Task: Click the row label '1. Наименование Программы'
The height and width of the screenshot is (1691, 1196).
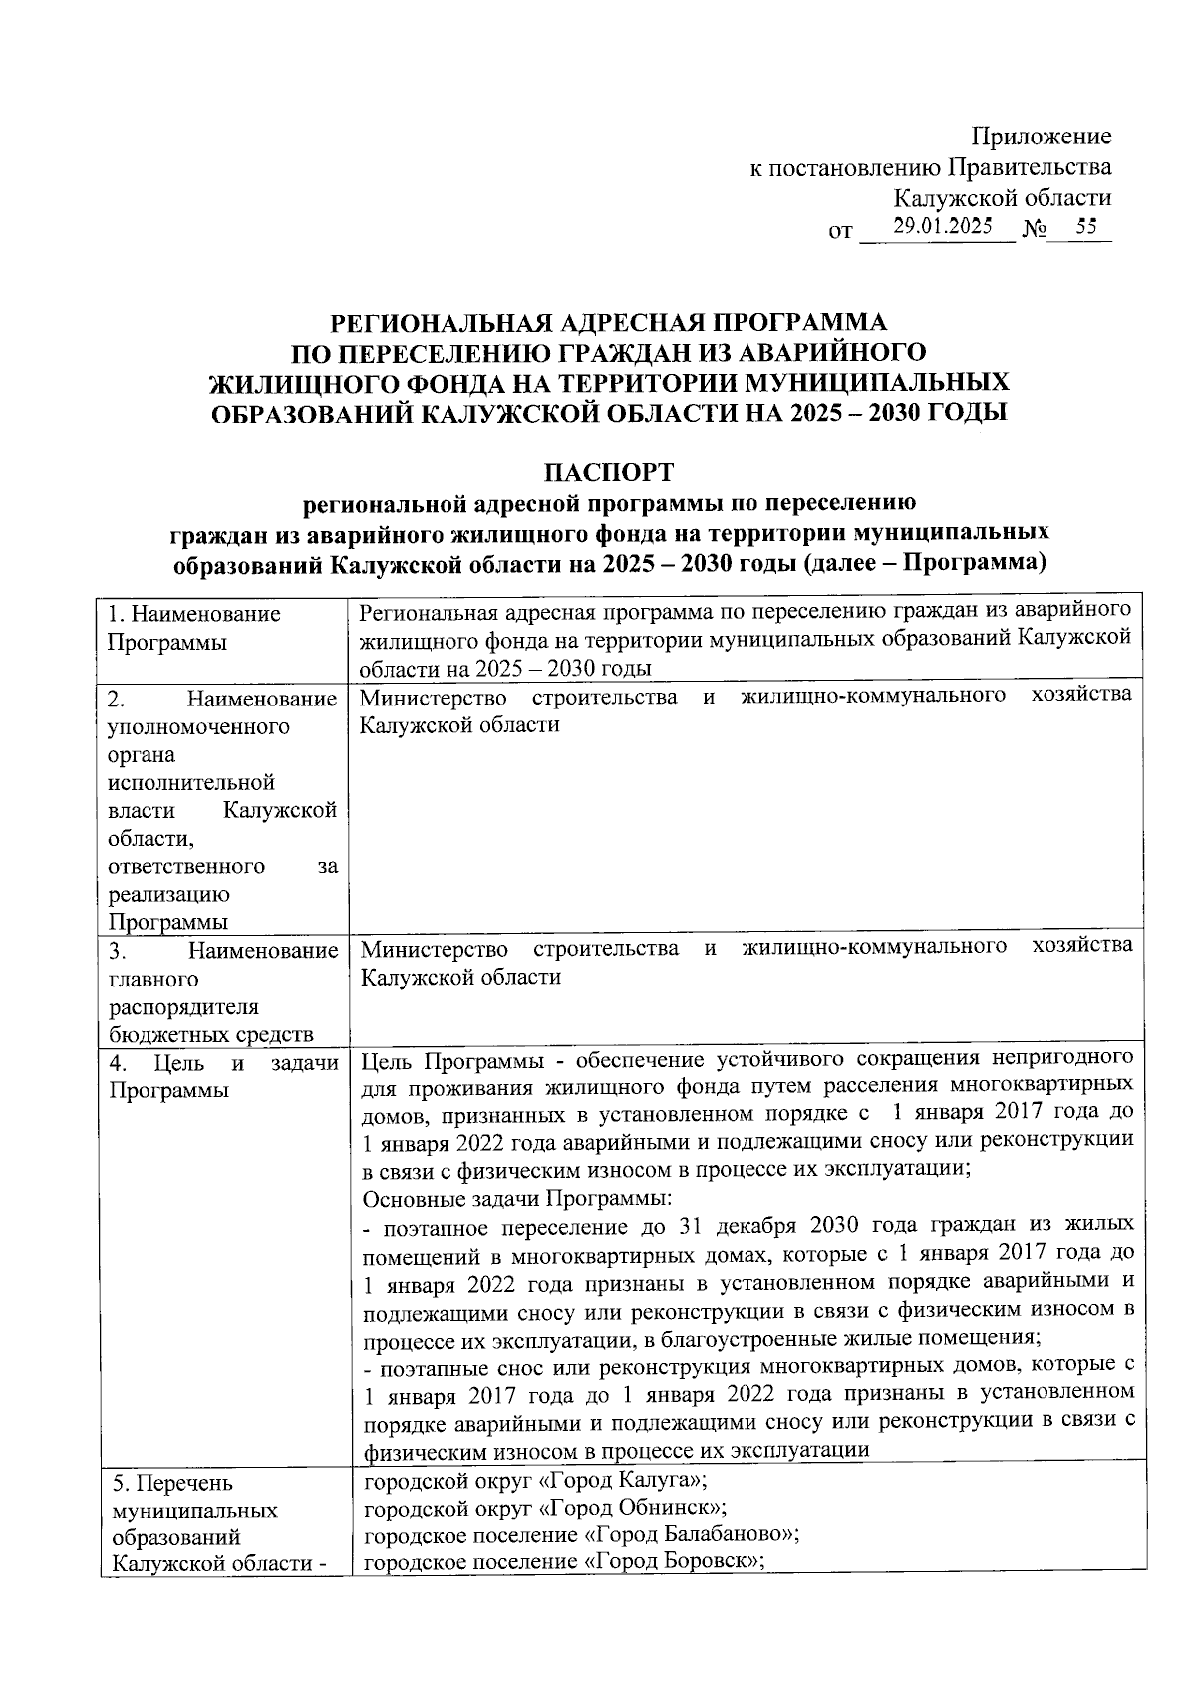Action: pyautogui.click(x=194, y=627)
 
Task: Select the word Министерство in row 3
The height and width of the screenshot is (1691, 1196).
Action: pyautogui.click(x=434, y=948)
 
